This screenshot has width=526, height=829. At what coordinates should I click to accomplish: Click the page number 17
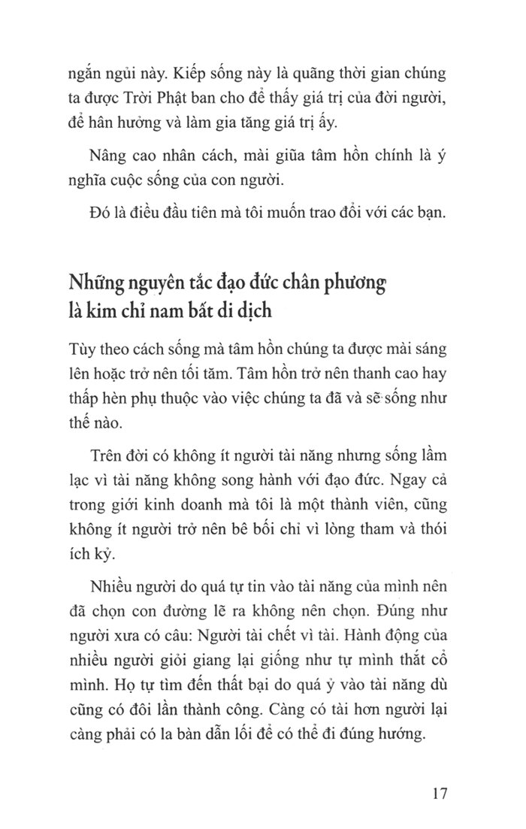tap(440, 794)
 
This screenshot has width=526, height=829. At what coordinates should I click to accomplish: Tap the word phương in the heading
tap(352, 287)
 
